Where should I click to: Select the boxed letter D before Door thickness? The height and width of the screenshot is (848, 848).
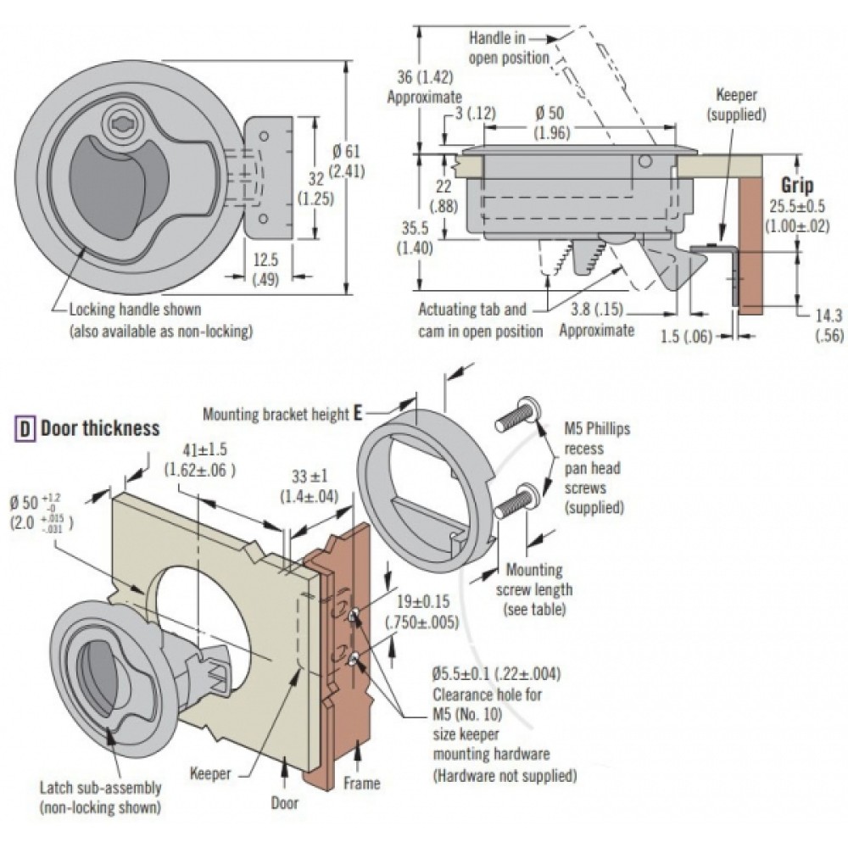tap(26, 429)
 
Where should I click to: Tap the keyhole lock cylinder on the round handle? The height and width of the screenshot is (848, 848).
tap(120, 125)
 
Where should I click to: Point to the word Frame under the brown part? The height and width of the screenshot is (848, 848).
tap(362, 783)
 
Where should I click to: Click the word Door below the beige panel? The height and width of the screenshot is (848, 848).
tap(285, 802)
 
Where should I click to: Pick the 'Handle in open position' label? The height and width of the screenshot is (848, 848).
tap(509, 47)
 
